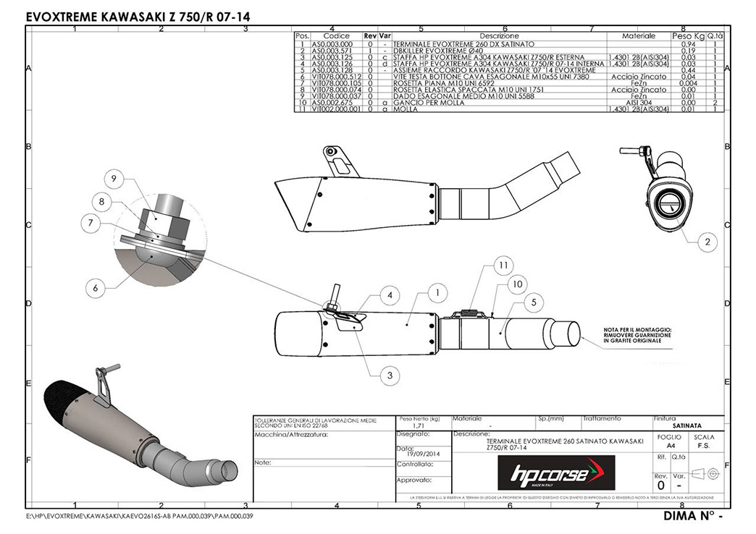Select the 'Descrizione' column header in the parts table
(x=499, y=35)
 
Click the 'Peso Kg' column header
(x=687, y=35)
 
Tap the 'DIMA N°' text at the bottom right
(x=692, y=517)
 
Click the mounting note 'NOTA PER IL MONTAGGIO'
(x=638, y=329)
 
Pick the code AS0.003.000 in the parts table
(x=332, y=44)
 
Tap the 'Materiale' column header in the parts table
(x=638, y=35)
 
